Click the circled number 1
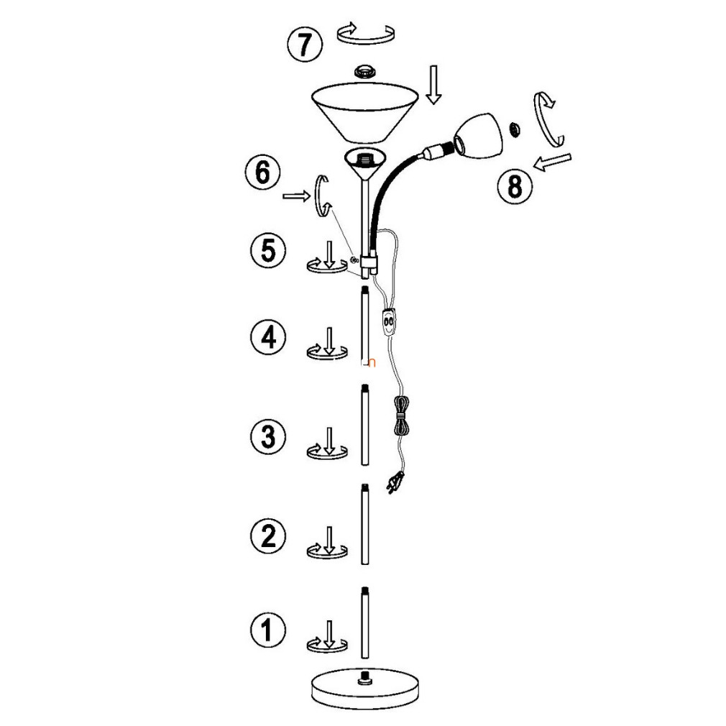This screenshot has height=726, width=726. (268, 630)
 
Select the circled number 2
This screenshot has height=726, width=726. (268, 536)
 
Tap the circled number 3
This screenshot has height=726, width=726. (268, 436)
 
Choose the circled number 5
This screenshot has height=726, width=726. (268, 250)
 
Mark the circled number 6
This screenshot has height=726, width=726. (262, 173)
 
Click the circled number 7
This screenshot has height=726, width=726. (304, 45)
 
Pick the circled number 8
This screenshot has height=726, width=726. (515, 187)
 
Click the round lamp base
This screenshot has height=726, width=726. (365, 688)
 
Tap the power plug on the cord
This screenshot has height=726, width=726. (394, 484)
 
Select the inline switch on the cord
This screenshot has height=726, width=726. (389, 321)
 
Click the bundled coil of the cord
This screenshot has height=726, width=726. (401, 416)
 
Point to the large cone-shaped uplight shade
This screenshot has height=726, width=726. (365, 112)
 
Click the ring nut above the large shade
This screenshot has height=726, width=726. (365, 72)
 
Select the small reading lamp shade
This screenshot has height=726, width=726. (478, 135)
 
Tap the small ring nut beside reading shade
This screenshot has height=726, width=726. (515, 129)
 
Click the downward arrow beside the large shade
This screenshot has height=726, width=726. (433, 85)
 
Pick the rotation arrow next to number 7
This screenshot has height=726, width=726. (365, 33)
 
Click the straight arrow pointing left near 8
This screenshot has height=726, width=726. (552, 162)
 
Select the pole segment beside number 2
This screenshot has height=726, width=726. (365, 524)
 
